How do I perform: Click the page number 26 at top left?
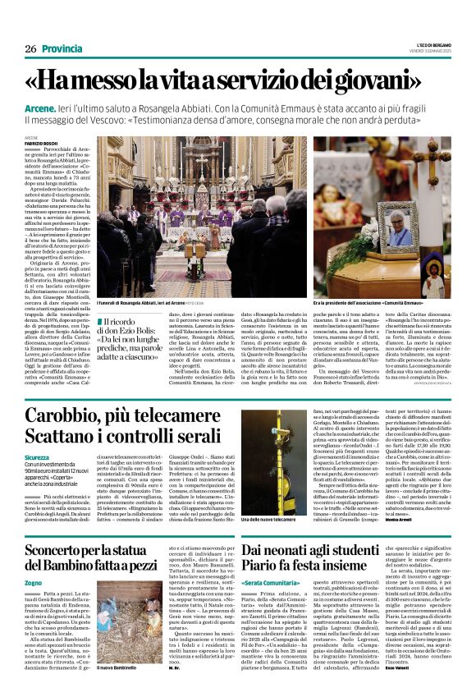coord(30,49)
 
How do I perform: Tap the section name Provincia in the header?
coord(62,49)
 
